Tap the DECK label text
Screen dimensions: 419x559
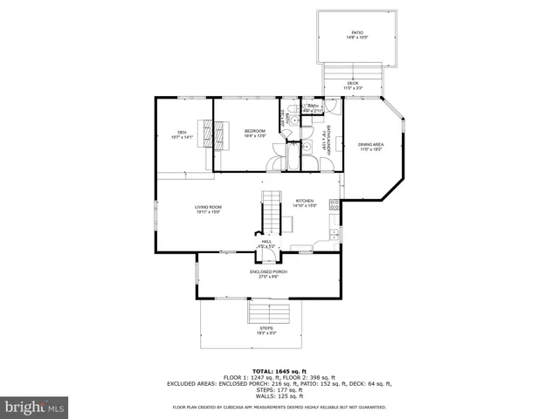(352, 83)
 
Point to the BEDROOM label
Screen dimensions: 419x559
(254, 131)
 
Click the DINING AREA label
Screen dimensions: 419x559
(371, 145)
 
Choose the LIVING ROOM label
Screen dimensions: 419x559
(208, 206)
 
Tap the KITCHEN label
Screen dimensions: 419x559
(305, 201)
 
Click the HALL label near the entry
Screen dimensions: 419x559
(267, 241)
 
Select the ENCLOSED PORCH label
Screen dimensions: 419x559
(268, 271)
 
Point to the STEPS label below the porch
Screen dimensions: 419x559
(266, 328)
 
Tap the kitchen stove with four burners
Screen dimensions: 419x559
(335, 207)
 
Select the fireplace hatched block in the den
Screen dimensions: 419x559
(208, 136)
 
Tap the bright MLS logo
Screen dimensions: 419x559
(35, 407)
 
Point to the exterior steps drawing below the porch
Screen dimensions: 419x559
(267, 312)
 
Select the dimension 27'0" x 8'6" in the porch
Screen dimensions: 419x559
(268, 277)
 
